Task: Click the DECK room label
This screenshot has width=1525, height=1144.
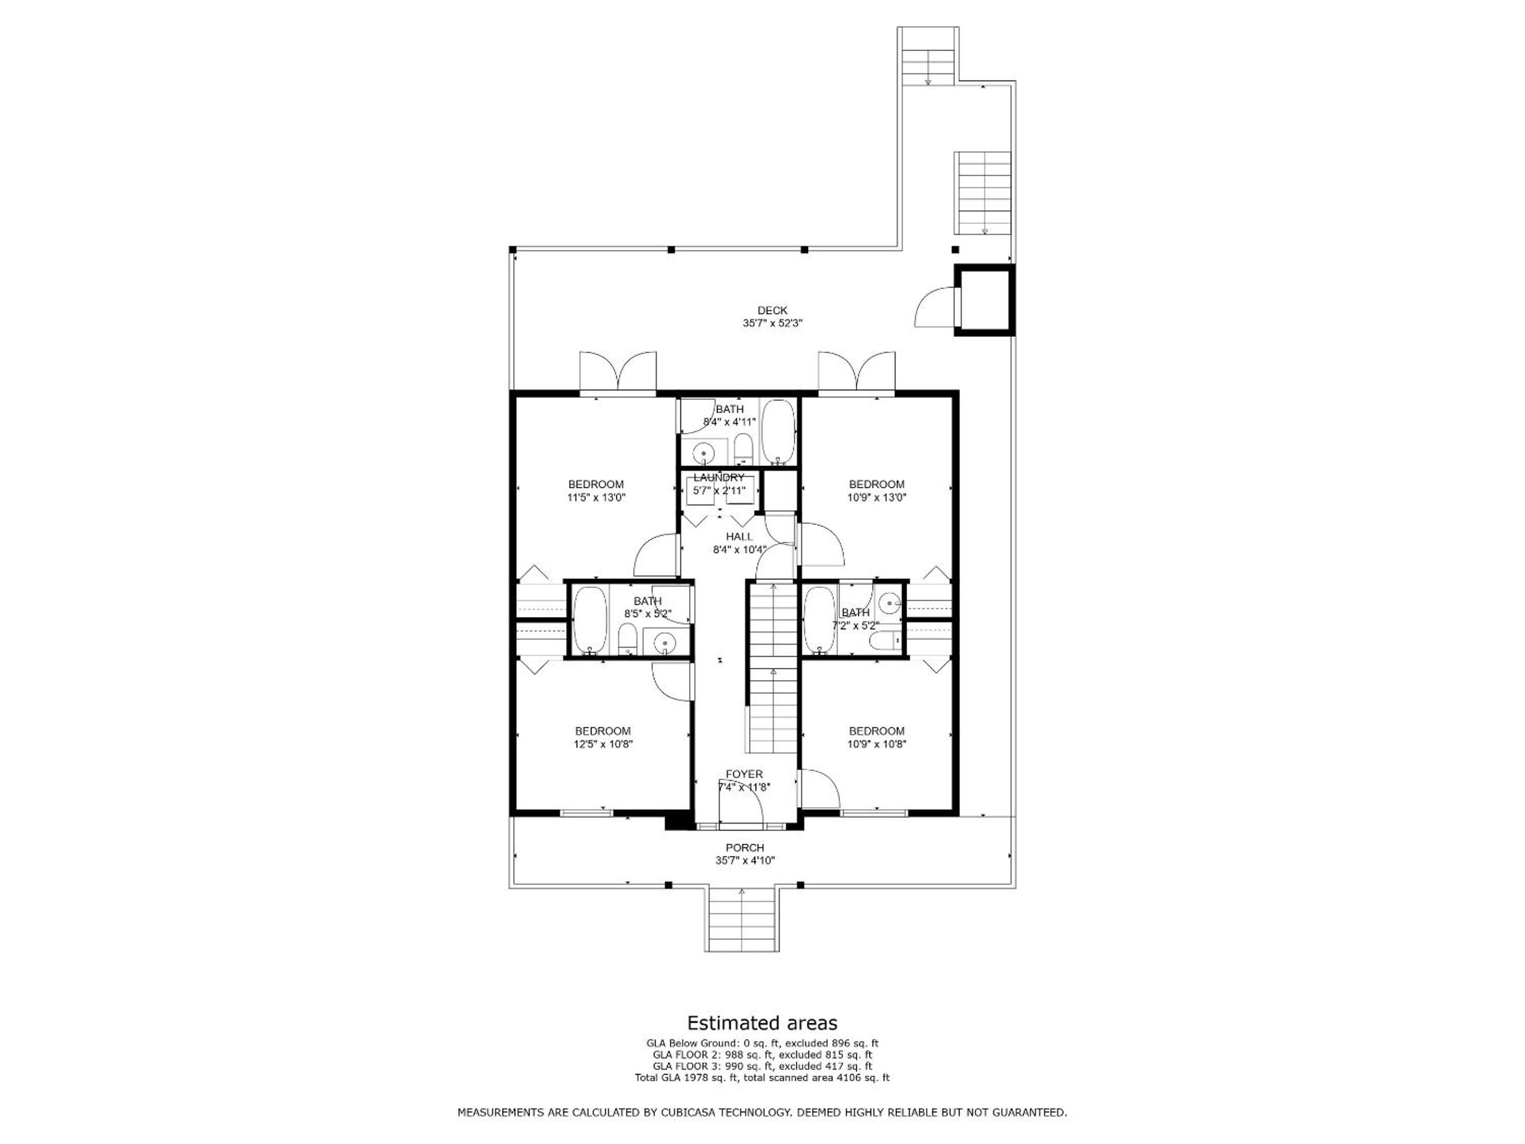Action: (x=772, y=311)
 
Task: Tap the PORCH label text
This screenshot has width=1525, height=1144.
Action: (x=744, y=848)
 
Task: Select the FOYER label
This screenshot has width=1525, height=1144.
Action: (x=744, y=774)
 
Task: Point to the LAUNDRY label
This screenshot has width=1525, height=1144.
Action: (x=719, y=478)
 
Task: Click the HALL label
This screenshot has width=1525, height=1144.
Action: (x=739, y=537)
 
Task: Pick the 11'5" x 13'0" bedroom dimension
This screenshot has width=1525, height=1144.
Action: (x=596, y=497)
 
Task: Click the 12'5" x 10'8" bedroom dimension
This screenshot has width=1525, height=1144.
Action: (x=603, y=744)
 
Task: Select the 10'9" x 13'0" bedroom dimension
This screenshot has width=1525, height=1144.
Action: (x=876, y=497)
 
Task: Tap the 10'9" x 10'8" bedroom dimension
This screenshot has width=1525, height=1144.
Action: (x=876, y=744)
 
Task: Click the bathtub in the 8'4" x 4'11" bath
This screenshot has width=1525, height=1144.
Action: (x=779, y=432)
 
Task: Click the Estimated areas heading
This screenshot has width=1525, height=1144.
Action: (x=762, y=1023)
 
